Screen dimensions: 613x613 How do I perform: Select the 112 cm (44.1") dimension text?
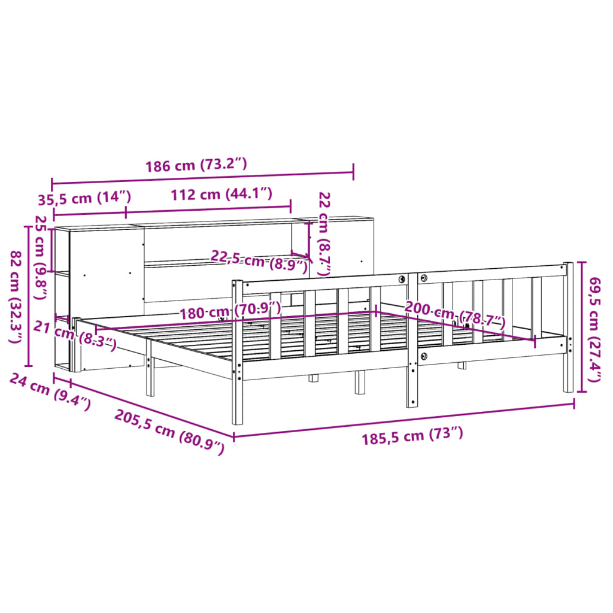[221, 194]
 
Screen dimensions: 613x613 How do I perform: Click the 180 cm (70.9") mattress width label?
[230, 311]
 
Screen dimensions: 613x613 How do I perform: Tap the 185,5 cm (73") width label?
[412, 437]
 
